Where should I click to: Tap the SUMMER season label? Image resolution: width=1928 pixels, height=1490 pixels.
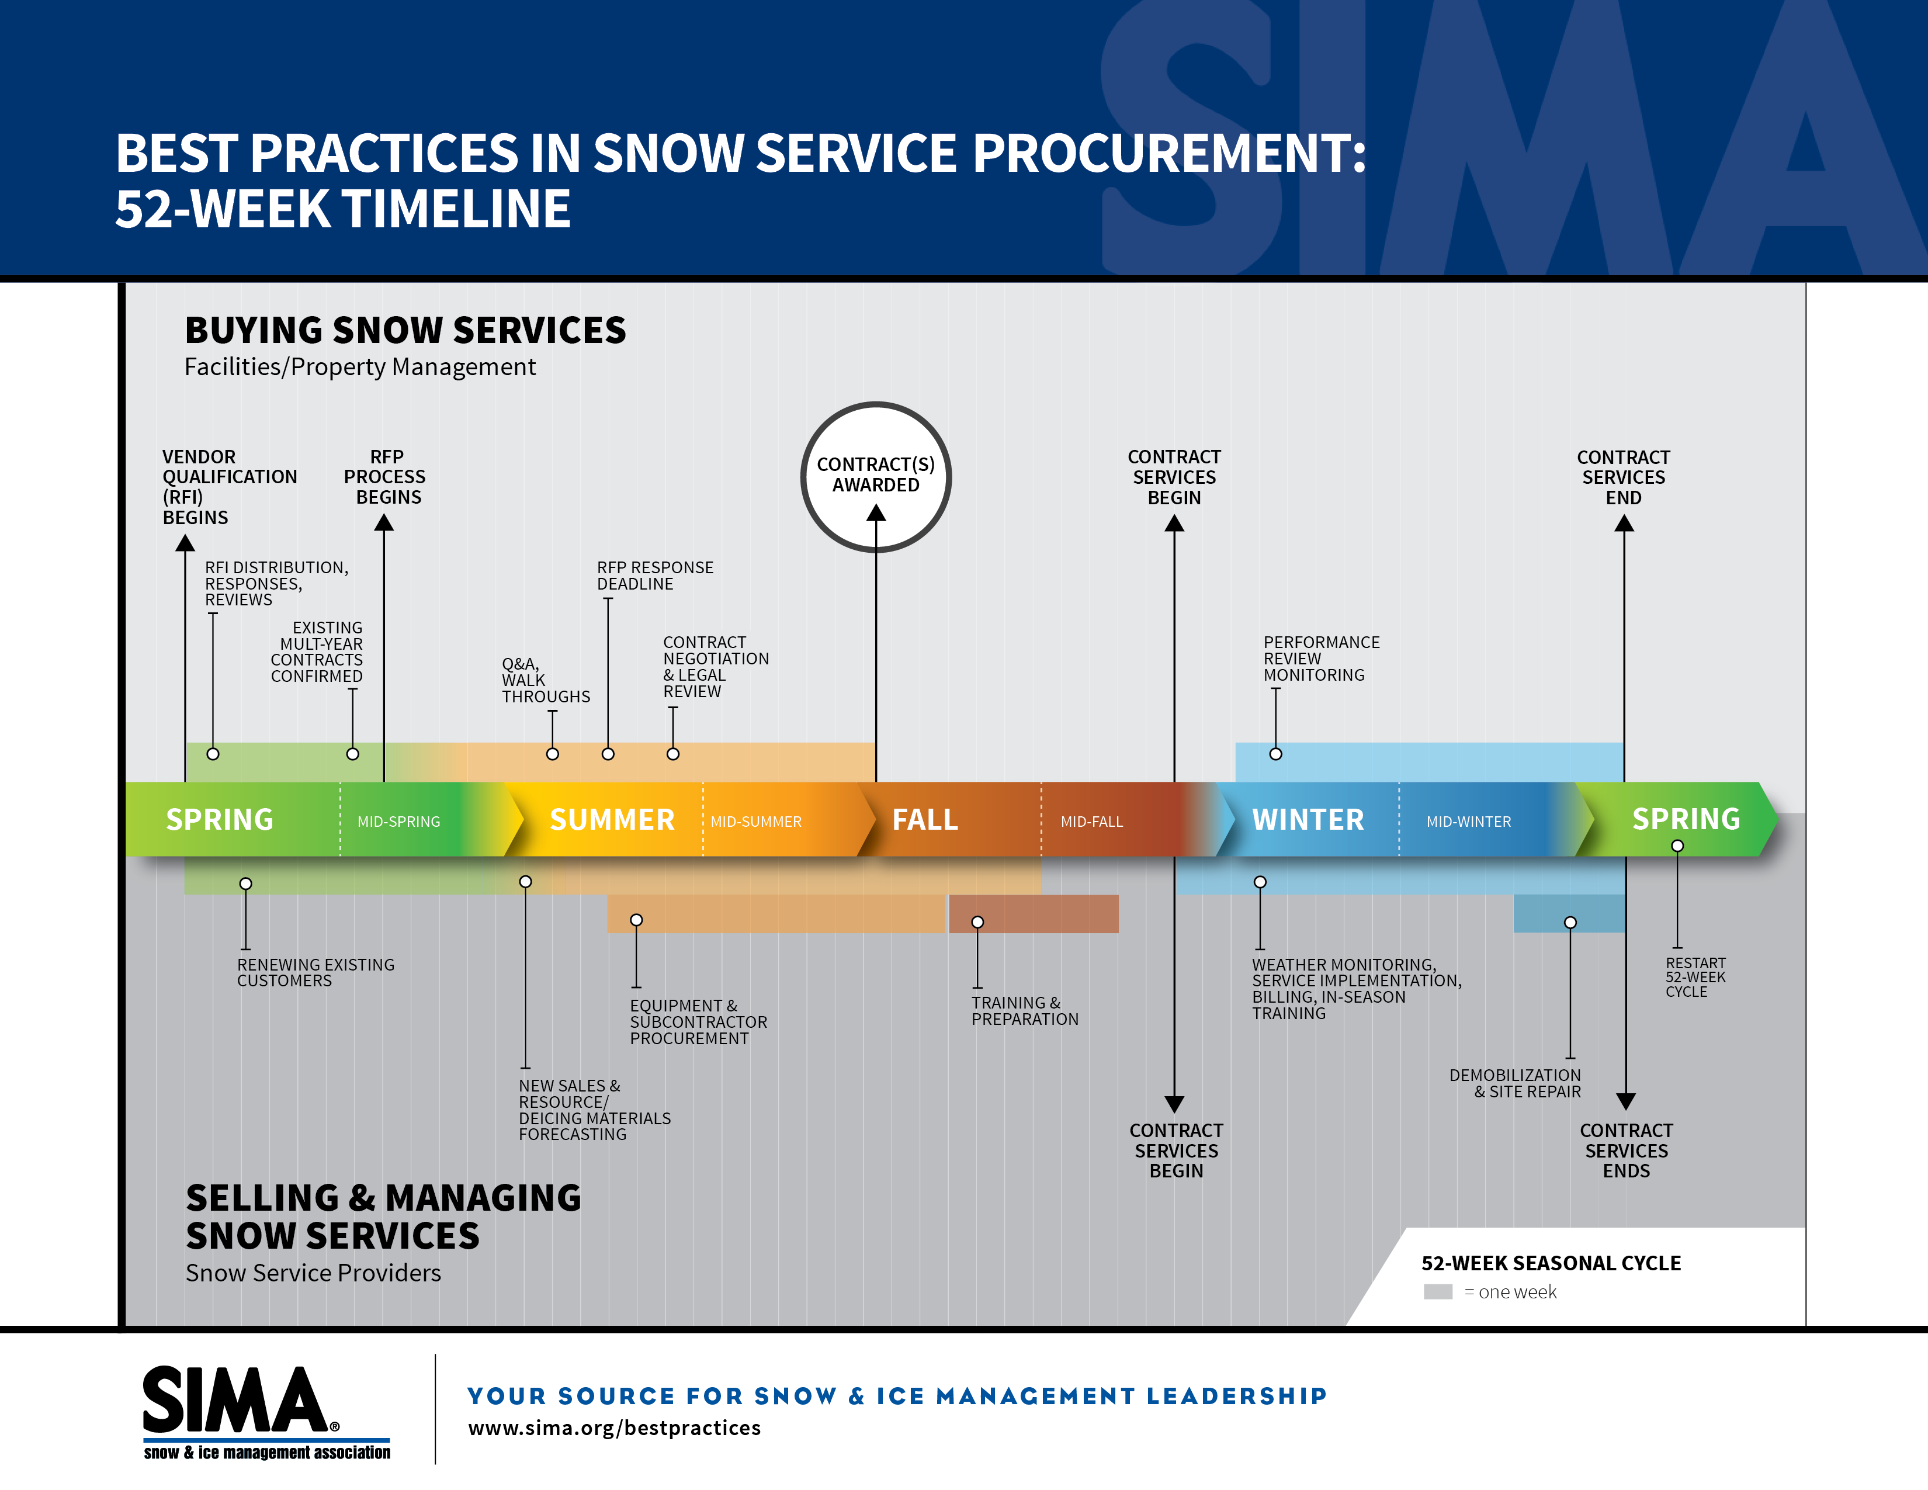612,819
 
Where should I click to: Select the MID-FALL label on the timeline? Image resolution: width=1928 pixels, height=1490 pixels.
1091,821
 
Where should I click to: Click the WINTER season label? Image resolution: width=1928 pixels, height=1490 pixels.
1308,819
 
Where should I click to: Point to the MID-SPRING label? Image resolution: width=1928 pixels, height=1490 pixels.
398,821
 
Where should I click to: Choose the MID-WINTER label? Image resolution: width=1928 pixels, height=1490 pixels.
1468,821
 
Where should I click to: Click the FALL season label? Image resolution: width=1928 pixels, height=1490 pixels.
924,819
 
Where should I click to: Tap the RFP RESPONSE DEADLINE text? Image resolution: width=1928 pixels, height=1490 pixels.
654,576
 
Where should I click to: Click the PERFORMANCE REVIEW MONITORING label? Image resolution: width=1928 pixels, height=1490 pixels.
1320,659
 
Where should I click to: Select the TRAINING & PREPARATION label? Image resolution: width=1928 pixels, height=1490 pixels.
1024,1011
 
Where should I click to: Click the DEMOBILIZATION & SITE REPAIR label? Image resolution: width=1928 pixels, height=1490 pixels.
1515,1083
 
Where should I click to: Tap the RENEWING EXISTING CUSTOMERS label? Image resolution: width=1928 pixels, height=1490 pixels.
315,973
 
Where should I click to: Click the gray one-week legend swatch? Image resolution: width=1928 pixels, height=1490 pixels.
1437,1291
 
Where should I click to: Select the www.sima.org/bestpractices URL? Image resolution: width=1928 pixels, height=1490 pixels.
613,1428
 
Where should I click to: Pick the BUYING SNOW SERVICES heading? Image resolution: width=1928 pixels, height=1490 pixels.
405,330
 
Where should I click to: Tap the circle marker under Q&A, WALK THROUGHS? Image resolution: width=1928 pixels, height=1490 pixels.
553,754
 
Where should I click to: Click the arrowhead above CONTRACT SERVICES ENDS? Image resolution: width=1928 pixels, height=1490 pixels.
1625,1101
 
